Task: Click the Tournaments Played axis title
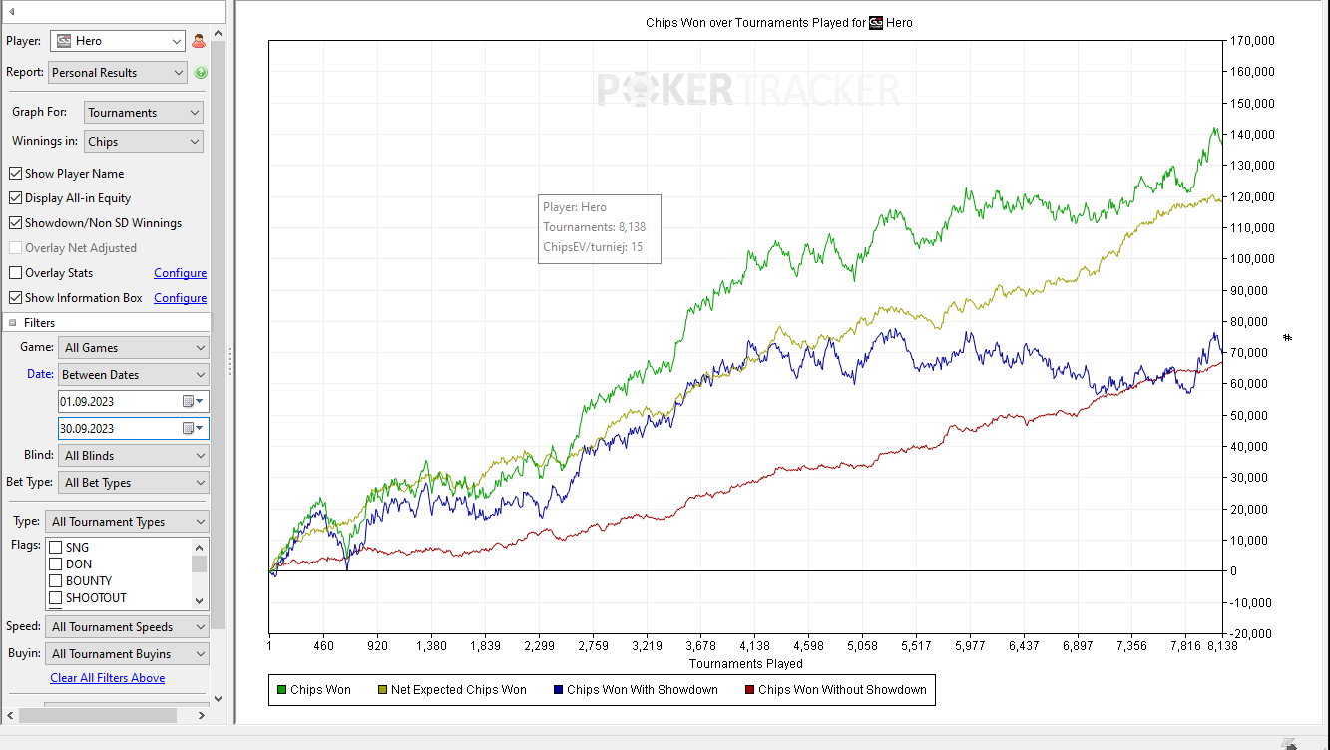pos(745,663)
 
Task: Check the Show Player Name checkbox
pos(16,174)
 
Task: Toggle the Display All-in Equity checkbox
pos(16,198)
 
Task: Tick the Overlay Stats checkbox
pos(16,273)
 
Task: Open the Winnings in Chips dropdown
pos(144,142)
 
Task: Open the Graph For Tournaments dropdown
pos(144,113)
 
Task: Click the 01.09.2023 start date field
pos(118,402)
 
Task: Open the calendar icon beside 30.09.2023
pos(190,428)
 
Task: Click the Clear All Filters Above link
pos(108,678)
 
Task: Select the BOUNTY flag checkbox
pos(56,581)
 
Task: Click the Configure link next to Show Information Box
pos(180,298)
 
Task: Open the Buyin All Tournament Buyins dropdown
pos(127,654)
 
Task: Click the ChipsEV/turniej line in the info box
pos(593,246)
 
